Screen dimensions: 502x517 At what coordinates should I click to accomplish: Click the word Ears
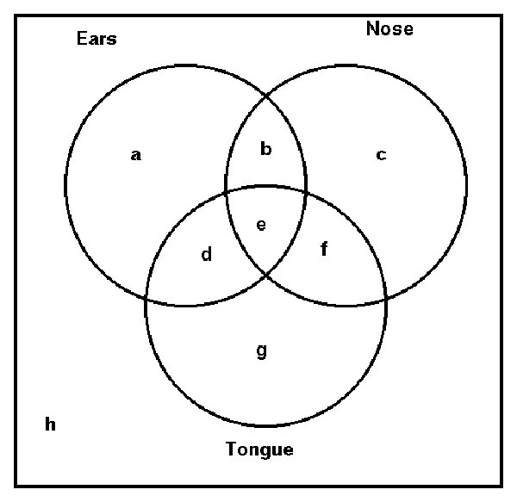(x=96, y=39)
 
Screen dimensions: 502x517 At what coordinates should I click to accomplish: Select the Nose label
(x=389, y=28)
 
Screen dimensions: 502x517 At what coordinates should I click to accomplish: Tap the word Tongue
(x=259, y=449)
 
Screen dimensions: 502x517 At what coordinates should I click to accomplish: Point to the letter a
(x=135, y=156)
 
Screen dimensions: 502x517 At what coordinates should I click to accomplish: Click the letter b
(x=265, y=150)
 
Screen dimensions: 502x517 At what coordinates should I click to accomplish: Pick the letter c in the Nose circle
(x=381, y=156)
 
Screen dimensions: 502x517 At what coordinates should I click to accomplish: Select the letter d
(x=207, y=254)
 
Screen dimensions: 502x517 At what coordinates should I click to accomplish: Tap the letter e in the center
(x=262, y=226)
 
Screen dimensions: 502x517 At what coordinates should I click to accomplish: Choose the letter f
(x=324, y=251)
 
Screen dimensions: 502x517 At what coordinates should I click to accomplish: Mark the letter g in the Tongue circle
(x=262, y=350)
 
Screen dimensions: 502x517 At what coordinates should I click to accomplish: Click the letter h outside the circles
(x=50, y=424)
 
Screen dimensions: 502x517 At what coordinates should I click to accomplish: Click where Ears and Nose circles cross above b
(x=265, y=97)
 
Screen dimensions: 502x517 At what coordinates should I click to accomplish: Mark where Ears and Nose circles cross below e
(x=265, y=273)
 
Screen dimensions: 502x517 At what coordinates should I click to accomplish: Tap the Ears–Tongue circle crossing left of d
(x=147, y=298)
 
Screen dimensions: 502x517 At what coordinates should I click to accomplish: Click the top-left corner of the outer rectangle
(x=16, y=15)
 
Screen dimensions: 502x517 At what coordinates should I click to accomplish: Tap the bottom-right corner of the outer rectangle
(x=501, y=487)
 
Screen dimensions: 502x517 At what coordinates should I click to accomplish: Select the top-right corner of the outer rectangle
(x=501, y=15)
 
